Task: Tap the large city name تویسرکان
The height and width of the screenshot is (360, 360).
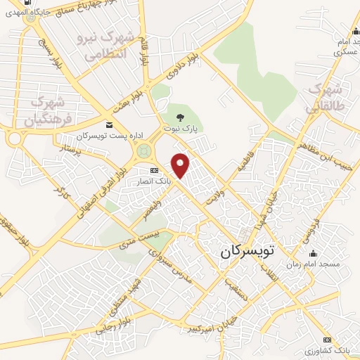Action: click(x=254, y=250)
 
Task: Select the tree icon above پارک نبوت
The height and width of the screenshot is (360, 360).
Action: click(x=182, y=117)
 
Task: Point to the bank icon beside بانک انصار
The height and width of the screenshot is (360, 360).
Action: click(x=154, y=172)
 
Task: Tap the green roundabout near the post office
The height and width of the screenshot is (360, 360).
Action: click(x=145, y=150)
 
